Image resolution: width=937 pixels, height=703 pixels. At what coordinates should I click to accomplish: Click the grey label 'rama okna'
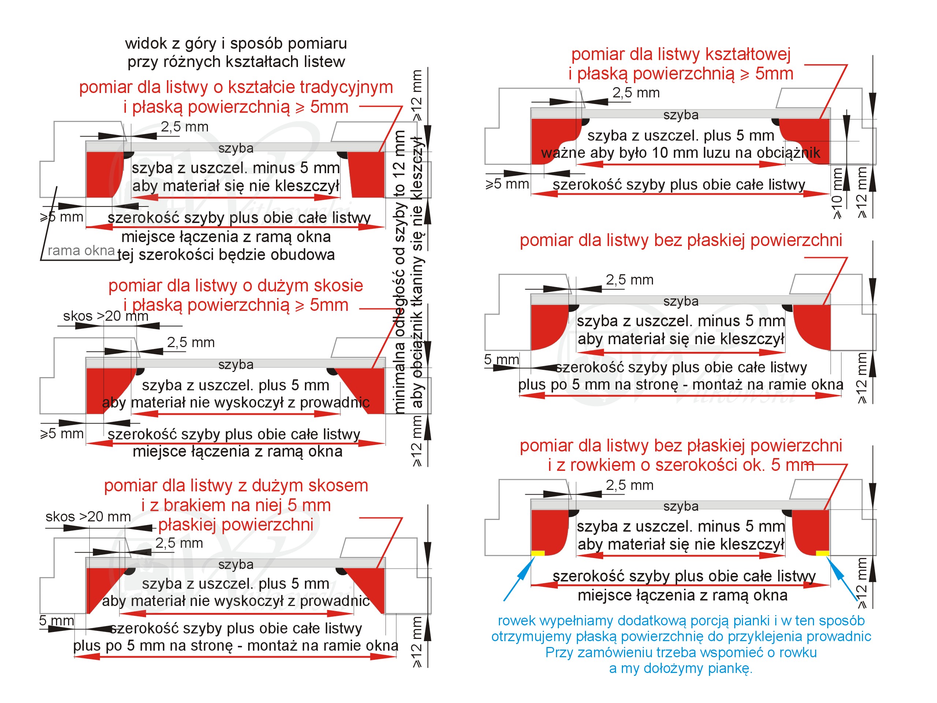coord(81,250)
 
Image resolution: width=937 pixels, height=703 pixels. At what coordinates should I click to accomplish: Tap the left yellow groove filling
coord(538,553)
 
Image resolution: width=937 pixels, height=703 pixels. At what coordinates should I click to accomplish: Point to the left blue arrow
coord(519,579)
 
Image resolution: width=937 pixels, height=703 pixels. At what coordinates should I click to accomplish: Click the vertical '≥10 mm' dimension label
coord(837,193)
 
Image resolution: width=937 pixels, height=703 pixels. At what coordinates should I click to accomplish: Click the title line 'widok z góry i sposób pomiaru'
coord(236,44)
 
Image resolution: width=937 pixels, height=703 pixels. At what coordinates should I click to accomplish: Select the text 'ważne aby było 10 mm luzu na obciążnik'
coord(680,153)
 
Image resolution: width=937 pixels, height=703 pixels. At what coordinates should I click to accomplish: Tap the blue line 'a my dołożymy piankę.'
coord(680,668)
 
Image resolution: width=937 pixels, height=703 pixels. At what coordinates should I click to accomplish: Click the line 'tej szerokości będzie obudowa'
coord(226,255)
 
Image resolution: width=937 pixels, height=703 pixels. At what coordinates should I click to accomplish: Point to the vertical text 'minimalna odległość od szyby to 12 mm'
coord(399,272)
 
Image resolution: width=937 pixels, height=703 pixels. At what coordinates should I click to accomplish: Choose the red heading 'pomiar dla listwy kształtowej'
coord(681,54)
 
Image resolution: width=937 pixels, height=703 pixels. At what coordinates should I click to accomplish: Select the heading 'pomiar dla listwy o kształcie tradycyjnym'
coord(236,87)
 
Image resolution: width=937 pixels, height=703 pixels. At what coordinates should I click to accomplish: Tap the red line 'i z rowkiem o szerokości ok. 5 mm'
coord(681,465)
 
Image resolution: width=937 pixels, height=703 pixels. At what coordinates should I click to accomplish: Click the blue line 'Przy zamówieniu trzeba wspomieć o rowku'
coord(681,652)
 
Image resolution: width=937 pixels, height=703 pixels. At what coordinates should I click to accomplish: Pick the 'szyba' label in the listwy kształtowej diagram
coord(681,115)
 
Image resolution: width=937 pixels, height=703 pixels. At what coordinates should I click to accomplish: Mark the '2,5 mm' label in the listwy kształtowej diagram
coord(636,93)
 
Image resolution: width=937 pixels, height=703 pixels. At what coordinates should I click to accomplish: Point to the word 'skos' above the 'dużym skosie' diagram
coord(78,316)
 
